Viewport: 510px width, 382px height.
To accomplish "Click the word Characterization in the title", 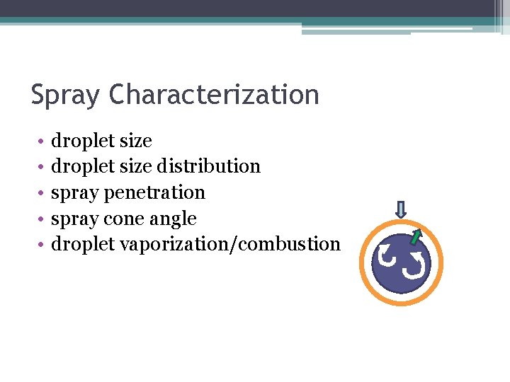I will (x=215, y=95).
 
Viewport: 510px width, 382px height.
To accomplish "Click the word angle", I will (x=173, y=219).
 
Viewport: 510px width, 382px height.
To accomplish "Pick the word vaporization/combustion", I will (x=230, y=244).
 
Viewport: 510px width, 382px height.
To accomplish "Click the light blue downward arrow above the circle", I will (x=401, y=209).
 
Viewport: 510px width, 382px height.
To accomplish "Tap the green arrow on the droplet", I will (x=416, y=236).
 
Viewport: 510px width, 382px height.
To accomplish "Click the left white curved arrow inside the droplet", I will (x=387, y=255).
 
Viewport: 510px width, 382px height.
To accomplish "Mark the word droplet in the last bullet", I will (x=83, y=244).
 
